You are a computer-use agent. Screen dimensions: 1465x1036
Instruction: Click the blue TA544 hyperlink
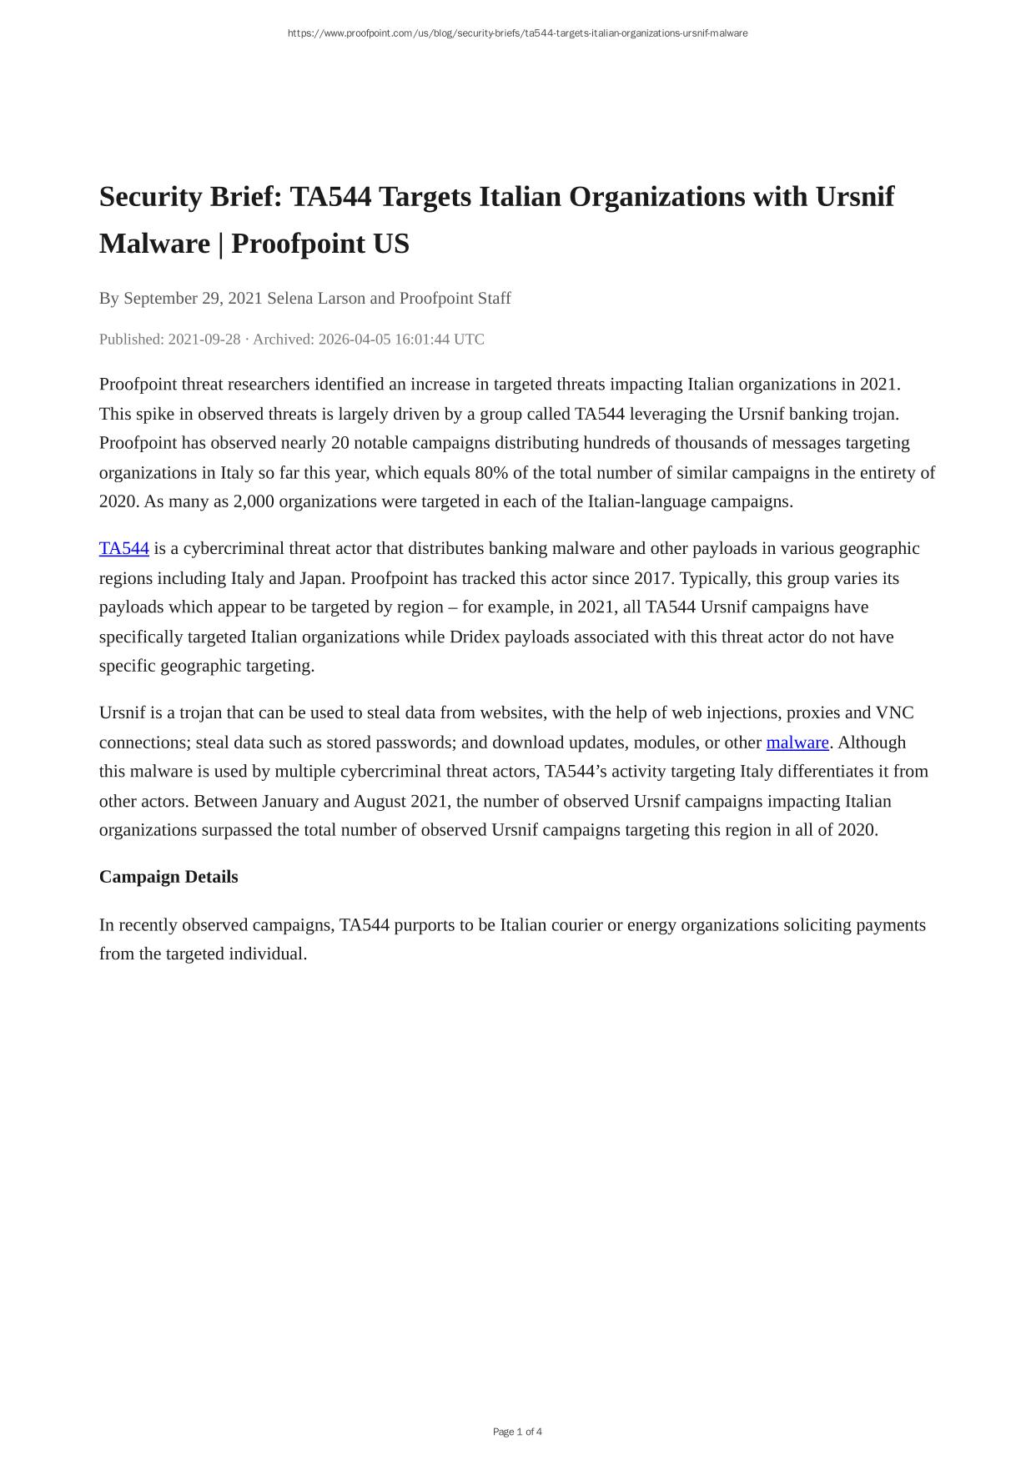pos(123,548)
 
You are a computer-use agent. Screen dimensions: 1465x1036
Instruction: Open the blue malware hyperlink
pos(797,743)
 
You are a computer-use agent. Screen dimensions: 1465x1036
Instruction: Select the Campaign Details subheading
pos(168,877)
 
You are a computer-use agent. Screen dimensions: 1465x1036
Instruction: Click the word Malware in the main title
pos(154,244)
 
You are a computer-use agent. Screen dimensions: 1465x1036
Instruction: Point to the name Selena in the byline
pos(290,298)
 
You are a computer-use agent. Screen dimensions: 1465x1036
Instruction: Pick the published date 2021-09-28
pos(204,340)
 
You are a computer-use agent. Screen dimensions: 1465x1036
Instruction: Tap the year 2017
pos(653,578)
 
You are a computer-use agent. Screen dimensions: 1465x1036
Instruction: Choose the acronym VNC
pos(894,713)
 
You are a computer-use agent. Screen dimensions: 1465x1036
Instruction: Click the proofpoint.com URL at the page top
pos(517,33)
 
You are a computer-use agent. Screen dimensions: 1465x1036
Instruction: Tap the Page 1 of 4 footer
pos(517,1432)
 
